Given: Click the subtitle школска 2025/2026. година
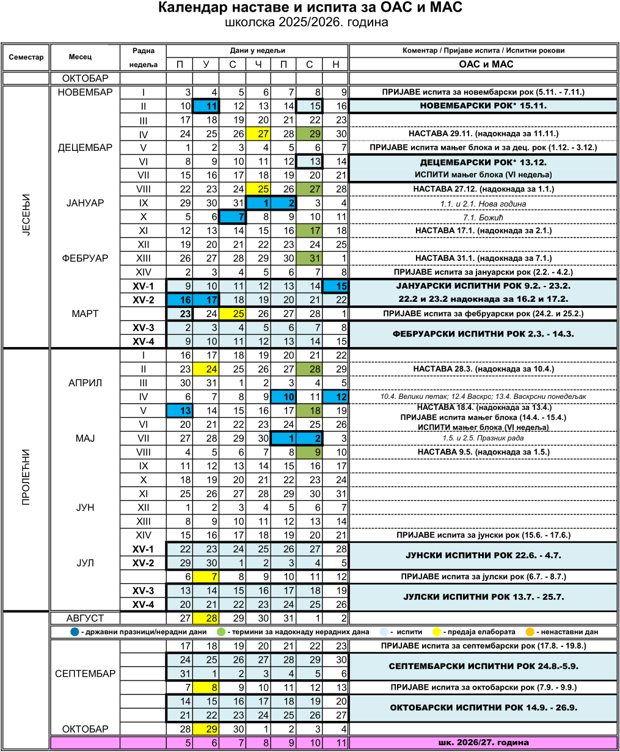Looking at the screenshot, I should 306,23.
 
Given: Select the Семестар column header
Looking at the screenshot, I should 26,57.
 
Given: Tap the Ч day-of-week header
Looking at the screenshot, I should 258,64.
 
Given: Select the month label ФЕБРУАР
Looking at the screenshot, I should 85,258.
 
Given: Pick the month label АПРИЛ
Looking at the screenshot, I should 85,383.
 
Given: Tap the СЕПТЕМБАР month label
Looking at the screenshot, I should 85,674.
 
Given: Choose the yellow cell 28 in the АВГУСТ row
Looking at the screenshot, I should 206,619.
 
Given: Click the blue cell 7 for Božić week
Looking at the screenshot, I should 232,217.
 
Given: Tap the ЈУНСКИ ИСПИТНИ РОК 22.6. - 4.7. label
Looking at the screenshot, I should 483,556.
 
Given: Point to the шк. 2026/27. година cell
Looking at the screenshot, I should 483,743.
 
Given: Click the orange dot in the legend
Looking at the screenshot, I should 531,632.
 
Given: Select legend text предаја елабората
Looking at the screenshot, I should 480,632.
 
